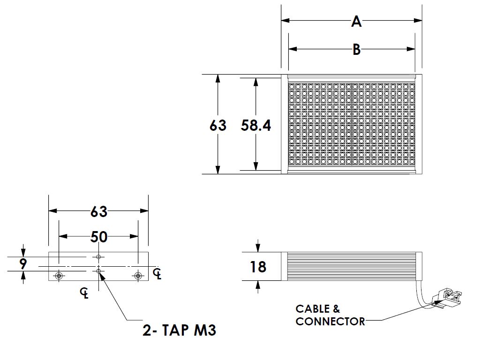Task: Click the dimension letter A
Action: pos(356,22)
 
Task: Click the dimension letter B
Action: pos(357,50)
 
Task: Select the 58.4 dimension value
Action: pos(256,125)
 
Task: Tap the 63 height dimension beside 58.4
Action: pos(218,125)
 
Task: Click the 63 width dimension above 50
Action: pos(98,212)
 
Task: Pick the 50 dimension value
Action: pos(98,237)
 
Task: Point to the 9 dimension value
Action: pos(23,263)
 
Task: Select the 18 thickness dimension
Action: pos(258,267)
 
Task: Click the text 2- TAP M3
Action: pos(180,330)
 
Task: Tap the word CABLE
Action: pos(313,308)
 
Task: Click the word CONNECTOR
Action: pos(330,322)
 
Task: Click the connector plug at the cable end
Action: pos(449,296)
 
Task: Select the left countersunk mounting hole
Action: pos(59,275)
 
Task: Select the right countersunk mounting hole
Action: pos(138,275)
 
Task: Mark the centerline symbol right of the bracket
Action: pos(157,274)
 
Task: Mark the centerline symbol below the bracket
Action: pos(84,293)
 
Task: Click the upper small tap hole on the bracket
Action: pos(98,257)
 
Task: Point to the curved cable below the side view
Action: pos(422,295)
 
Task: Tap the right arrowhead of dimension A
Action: pos(418,21)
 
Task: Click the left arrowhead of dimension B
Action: pos(293,49)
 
